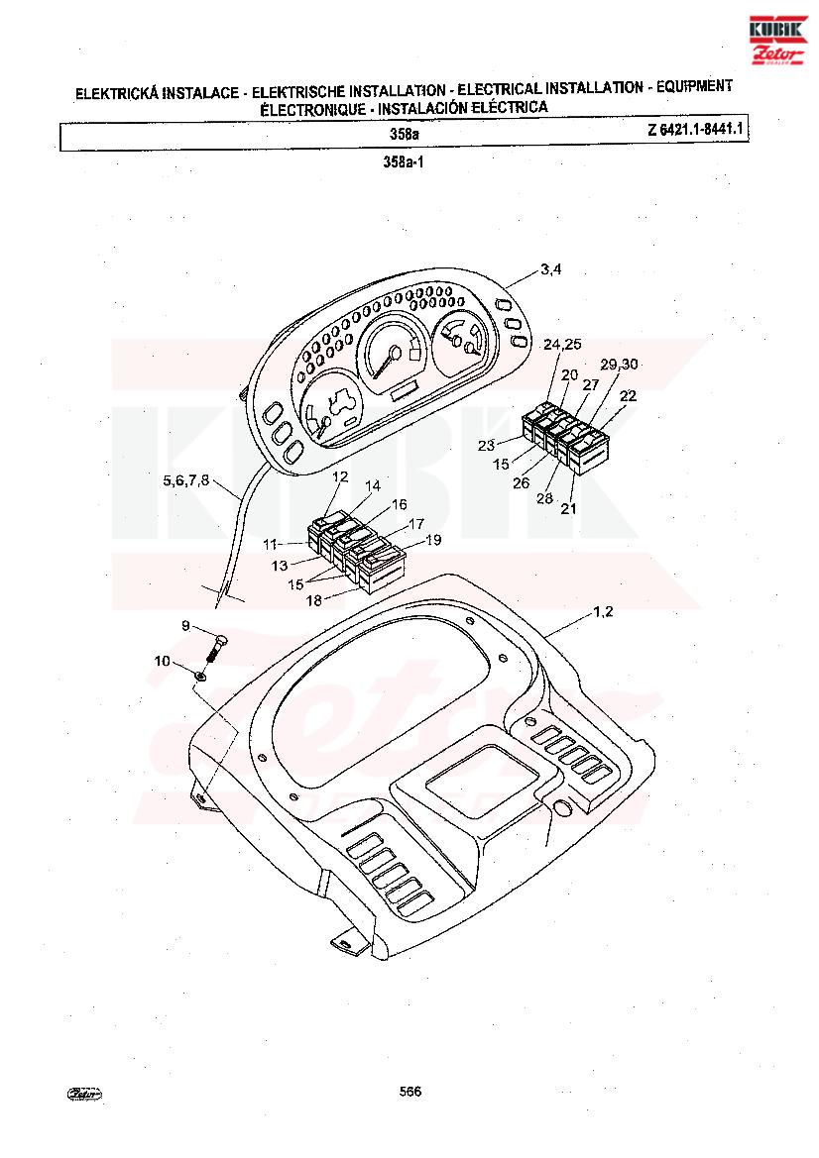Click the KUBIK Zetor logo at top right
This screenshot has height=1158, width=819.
click(x=777, y=41)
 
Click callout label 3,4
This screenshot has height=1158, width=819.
click(x=550, y=269)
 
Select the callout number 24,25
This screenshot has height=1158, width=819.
click(x=562, y=344)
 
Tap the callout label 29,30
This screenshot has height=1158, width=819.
click(x=619, y=365)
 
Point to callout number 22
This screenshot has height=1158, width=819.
click(x=628, y=396)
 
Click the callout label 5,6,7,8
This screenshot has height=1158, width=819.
click(x=186, y=480)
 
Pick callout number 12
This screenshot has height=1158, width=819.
click(x=340, y=476)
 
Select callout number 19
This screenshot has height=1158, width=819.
click(x=433, y=540)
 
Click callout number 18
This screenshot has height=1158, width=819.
click(x=314, y=600)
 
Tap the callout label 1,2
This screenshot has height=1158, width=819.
click(x=603, y=612)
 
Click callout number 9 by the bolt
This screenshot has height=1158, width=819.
click(x=185, y=626)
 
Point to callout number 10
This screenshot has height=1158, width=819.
click(x=162, y=661)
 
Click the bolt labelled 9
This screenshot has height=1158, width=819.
click(x=216, y=649)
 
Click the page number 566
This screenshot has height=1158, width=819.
click(x=410, y=1092)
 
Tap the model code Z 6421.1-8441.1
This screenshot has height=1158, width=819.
click(x=695, y=130)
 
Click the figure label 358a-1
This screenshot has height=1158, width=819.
click(x=404, y=161)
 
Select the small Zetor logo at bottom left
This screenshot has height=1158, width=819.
click(x=85, y=1095)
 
